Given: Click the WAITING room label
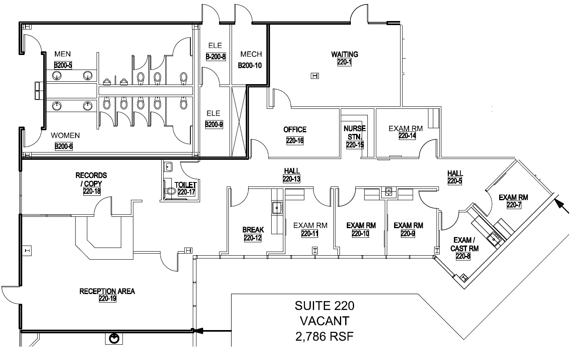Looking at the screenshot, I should tap(344, 54).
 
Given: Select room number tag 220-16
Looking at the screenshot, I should tap(295, 141).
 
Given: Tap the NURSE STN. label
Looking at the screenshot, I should tap(354, 132).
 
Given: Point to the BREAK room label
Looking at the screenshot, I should tap(253, 230).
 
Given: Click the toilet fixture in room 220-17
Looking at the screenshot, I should tap(169, 191).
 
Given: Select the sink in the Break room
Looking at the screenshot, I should tap(277, 208).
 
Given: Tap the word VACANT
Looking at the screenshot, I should tap(325, 321).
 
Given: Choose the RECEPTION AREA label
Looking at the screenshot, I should tap(107, 291).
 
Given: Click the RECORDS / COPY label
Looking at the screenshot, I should tap(91, 179).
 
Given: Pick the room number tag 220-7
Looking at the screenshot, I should tap(513, 205).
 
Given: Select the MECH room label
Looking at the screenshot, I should tap(251, 54).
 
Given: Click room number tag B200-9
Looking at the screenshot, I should tap(214, 125).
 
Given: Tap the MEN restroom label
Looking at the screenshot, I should tap(63, 54).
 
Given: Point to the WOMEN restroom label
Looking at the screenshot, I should tap(65, 136).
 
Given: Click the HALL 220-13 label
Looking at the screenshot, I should tap(291, 175).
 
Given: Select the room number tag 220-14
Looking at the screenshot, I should tap(407, 136).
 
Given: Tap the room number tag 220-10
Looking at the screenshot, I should tap(361, 233).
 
